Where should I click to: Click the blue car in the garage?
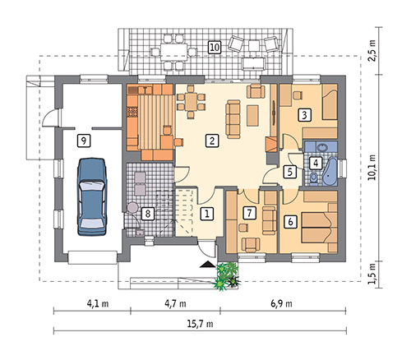point(92,196)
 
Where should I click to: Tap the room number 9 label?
point(84,141)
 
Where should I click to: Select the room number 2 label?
point(212,141)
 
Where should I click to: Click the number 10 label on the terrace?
point(215,47)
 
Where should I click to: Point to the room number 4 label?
point(316,164)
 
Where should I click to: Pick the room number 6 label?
point(291,221)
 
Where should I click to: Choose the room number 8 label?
point(148,214)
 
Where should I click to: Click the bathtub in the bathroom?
point(330,171)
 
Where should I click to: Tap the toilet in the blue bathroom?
point(314,178)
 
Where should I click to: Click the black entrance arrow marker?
point(208,264)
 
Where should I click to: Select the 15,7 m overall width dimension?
point(200,324)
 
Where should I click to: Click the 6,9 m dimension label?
point(281,303)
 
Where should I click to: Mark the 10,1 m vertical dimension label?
point(372,167)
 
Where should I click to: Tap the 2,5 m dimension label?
point(372,51)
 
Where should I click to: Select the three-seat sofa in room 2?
point(233,119)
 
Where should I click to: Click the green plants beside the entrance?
point(227,276)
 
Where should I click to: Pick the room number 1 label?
point(207,214)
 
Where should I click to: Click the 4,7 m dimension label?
point(175,303)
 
